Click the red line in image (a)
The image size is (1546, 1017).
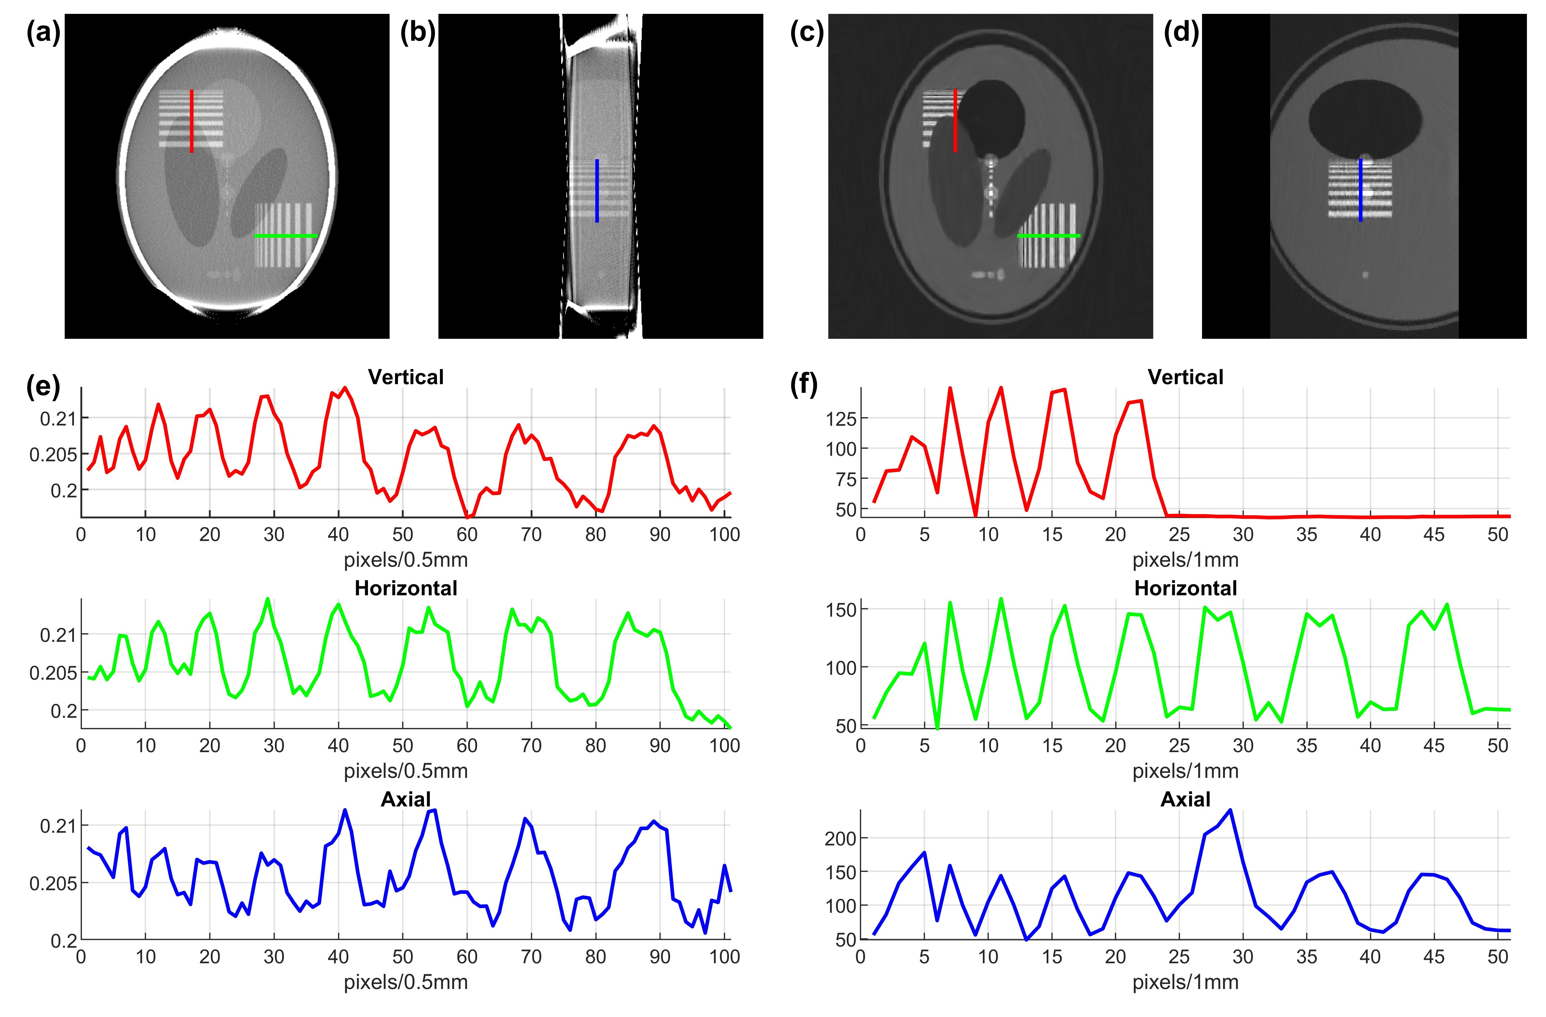click(192, 121)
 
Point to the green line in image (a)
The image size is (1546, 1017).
click(286, 236)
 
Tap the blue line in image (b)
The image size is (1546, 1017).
click(597, 191)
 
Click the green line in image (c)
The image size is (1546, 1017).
click(1048, 236)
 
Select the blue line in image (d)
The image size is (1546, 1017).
click(1360, 190)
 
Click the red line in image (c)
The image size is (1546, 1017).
click(955, 121)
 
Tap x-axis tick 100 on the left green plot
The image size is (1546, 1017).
click(724, 745)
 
